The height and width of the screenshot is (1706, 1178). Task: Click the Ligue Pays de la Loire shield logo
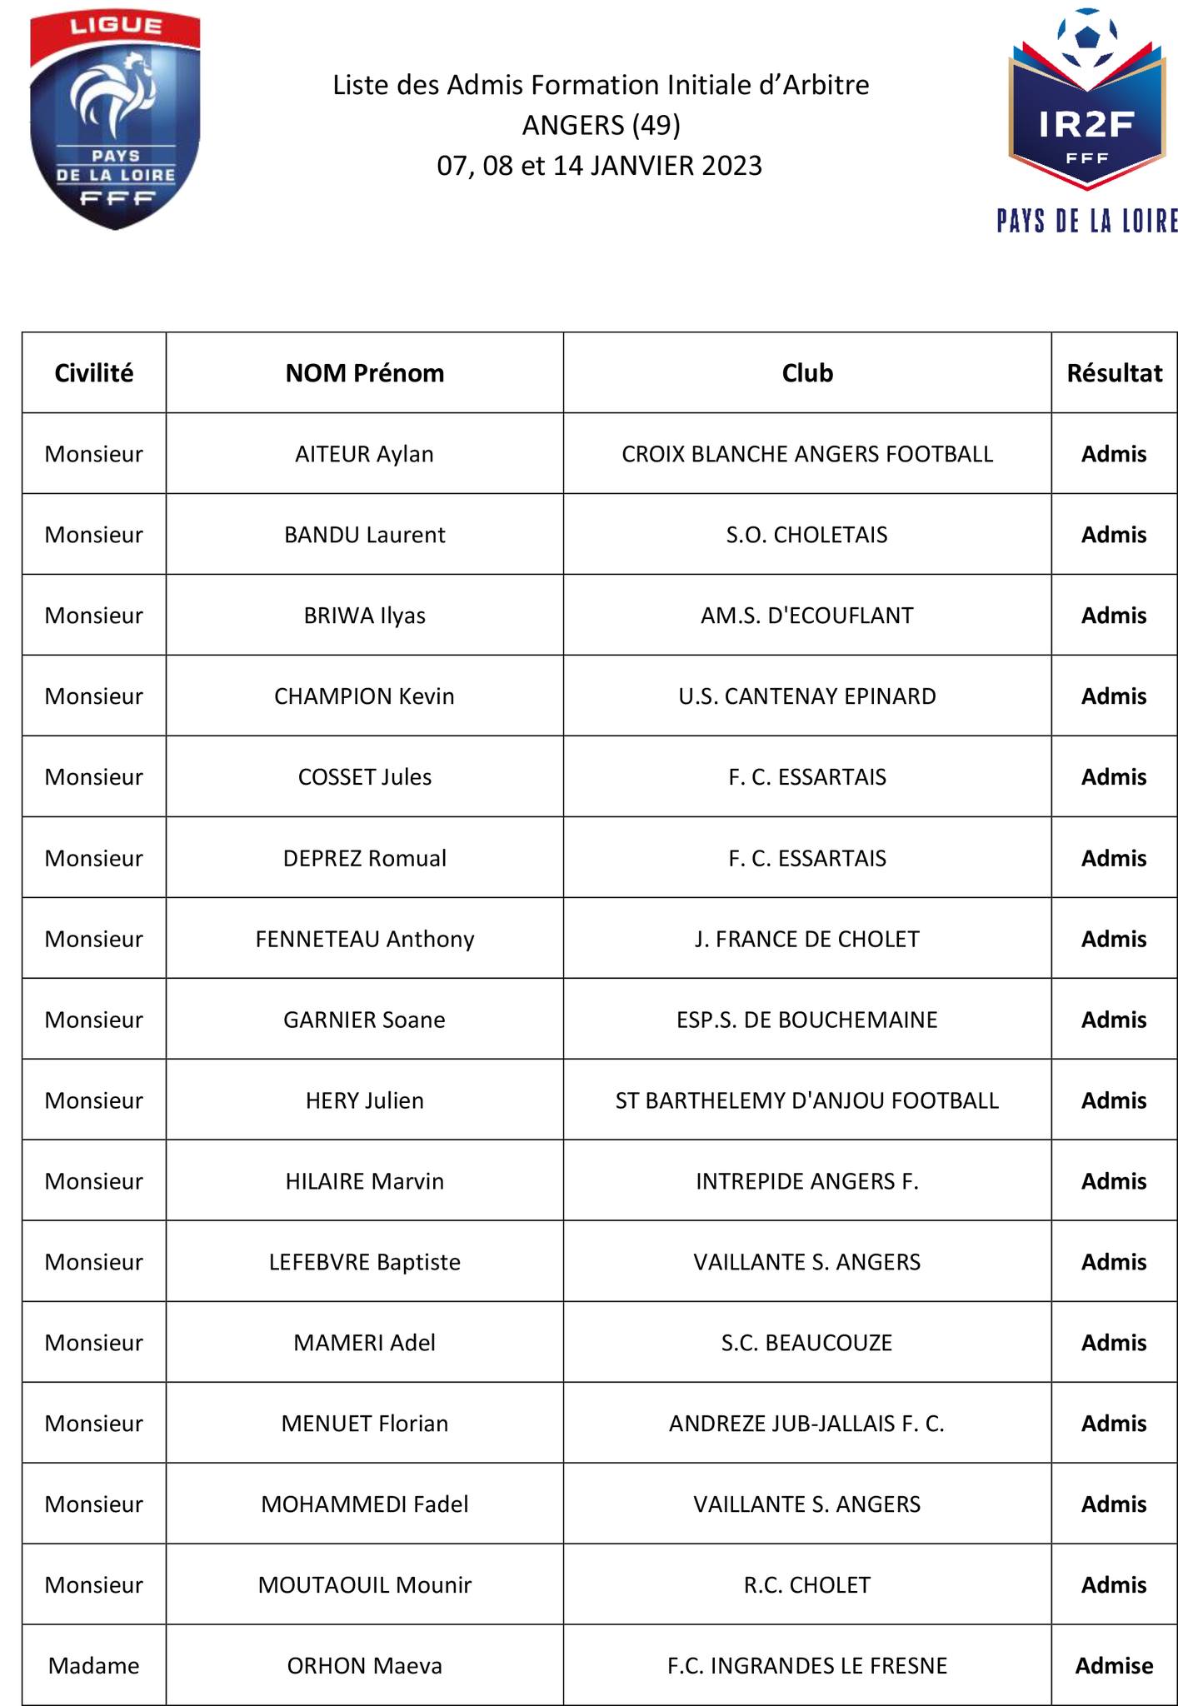(115, 122)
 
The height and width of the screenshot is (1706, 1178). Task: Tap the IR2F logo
(1086, 117)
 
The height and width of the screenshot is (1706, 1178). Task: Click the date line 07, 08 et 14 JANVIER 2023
(600, 166)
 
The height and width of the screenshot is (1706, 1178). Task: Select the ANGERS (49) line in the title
(601, 125)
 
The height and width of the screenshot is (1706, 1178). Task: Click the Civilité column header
(94, 373)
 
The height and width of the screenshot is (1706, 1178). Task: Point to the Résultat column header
(1114, 373)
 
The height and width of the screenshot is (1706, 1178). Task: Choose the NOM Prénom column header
(365, 373)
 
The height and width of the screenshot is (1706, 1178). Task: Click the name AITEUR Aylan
(365, 454)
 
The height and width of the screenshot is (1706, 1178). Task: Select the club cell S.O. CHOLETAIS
(806, 535)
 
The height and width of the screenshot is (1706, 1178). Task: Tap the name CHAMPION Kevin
(365, 696)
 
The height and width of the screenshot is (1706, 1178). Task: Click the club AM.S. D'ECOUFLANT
(806, 616)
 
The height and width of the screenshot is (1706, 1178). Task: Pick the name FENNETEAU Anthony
(365, 939)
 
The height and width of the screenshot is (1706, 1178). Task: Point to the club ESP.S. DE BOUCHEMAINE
(806, 1020)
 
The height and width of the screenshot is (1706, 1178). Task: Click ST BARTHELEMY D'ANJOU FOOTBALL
(806, 1100)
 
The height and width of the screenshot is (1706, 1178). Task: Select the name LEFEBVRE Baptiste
(365, 1262)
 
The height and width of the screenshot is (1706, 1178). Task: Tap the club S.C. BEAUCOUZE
(806, 1343)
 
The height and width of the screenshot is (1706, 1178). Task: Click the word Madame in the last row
(94, 1666)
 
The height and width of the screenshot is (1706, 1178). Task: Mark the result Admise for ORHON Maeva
(1114, 1666)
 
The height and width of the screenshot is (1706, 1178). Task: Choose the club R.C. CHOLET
(806, 1585)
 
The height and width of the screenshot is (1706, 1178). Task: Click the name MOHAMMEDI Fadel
(365, 1504)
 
